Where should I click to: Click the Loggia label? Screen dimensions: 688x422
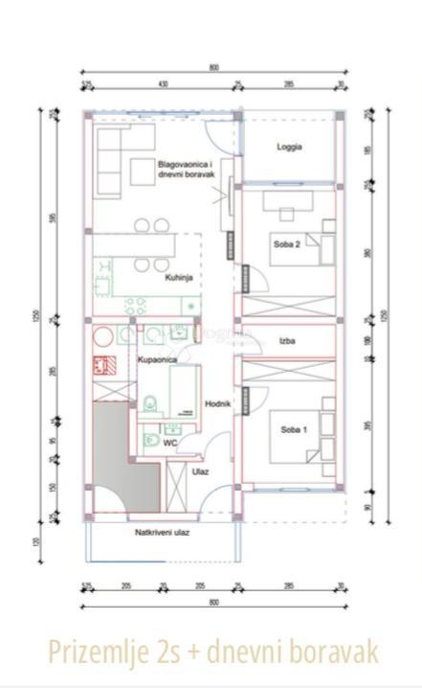pos(289,147)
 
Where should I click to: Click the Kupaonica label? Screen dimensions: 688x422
pos(155,359)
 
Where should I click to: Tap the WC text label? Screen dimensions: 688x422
pos(168,444)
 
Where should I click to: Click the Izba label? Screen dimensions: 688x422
pos(286,340)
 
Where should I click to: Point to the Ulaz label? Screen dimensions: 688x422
pos(200,471)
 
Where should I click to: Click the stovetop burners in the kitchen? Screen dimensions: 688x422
pos(135,306)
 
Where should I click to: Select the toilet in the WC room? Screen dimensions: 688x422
pos(151,441)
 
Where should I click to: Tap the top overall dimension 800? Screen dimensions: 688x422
pos(212,67)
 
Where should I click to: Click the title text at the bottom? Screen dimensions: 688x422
pos(210,652)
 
